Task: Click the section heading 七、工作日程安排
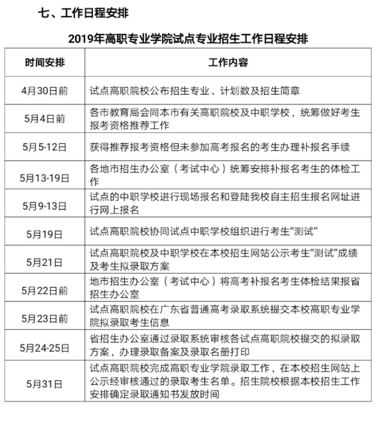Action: [83, 13]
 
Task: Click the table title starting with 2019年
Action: [188, 39]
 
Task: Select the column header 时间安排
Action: [45, 63]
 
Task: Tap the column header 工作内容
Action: [228, 63]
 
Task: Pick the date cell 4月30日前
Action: [45, 91]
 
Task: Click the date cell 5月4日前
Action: [45, 119]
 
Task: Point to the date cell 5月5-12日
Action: [45, 147]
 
